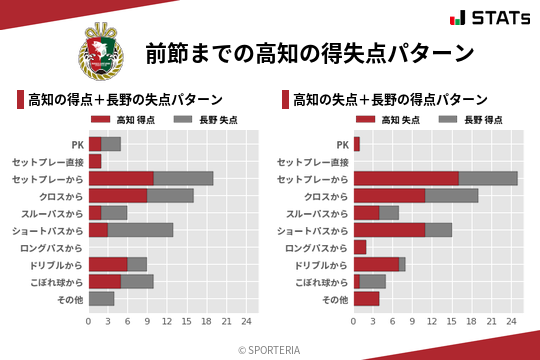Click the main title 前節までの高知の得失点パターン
(309, 52)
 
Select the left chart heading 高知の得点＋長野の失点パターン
(125, 100)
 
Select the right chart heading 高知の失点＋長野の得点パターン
(391, 100)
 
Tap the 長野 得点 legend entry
(467, 120)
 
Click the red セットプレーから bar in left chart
(121, 178)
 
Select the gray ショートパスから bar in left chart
(140, 230)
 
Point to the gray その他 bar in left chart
(101, 299)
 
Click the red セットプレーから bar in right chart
(406, 178)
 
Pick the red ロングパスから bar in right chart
(360, 247)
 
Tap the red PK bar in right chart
(356, 144)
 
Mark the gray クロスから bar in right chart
(452, 195)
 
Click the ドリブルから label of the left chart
(53, 265)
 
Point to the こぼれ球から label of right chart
(318, 282)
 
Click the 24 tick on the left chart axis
(246, 321)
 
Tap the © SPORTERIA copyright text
(269, 349)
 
